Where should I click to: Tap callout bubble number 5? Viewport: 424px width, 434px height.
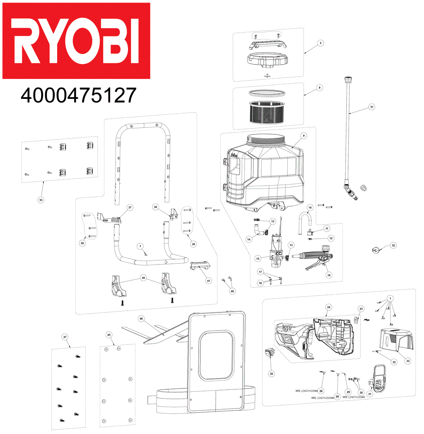click(x=320, y=43)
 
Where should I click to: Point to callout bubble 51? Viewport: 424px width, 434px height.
click(x=371, y=107)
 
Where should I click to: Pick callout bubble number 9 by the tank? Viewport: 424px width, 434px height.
click(x=303, y=136)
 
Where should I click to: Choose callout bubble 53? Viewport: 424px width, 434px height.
click(x=41, y=200)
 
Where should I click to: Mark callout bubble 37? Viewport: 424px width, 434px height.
click(x=130, y=207)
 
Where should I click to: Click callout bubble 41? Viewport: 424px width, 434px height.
click(x=209, y=281)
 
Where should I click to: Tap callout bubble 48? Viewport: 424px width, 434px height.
click(x=141, y=319)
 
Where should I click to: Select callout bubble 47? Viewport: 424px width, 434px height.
click(x=65, y=337)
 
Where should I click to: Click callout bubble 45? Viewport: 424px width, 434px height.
click(x=109, y=334)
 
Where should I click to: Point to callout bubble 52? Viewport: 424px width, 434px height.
click(x=393, y=245)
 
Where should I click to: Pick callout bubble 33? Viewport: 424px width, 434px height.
click(x=407, y=361)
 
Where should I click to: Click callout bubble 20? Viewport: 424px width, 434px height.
click(x=272, y=374)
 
